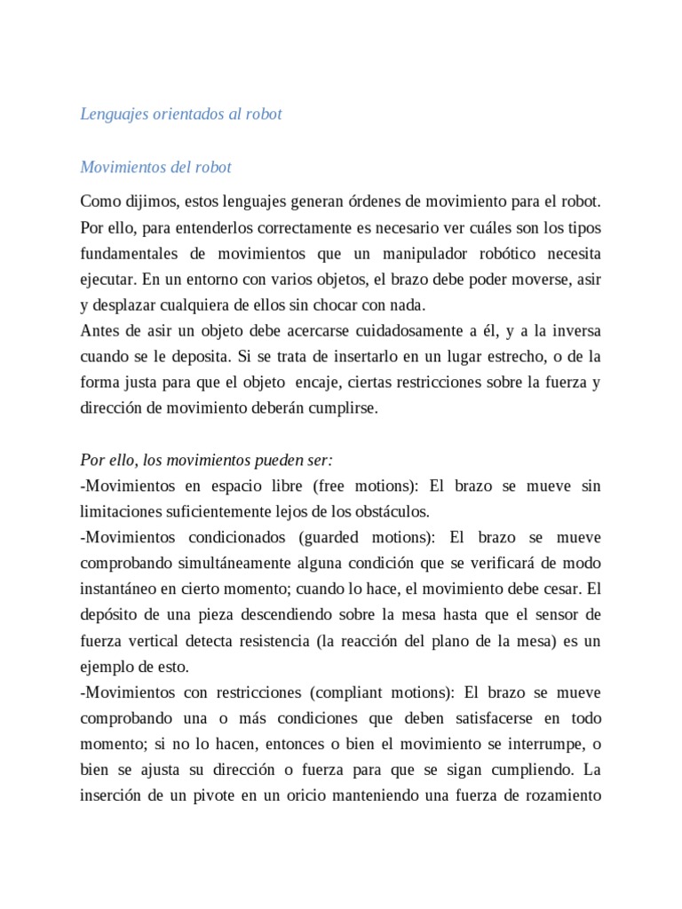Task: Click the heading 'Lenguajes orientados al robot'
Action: (181, 115)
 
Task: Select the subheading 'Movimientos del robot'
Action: (155, 167)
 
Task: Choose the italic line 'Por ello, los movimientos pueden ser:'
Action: (206, 461)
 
